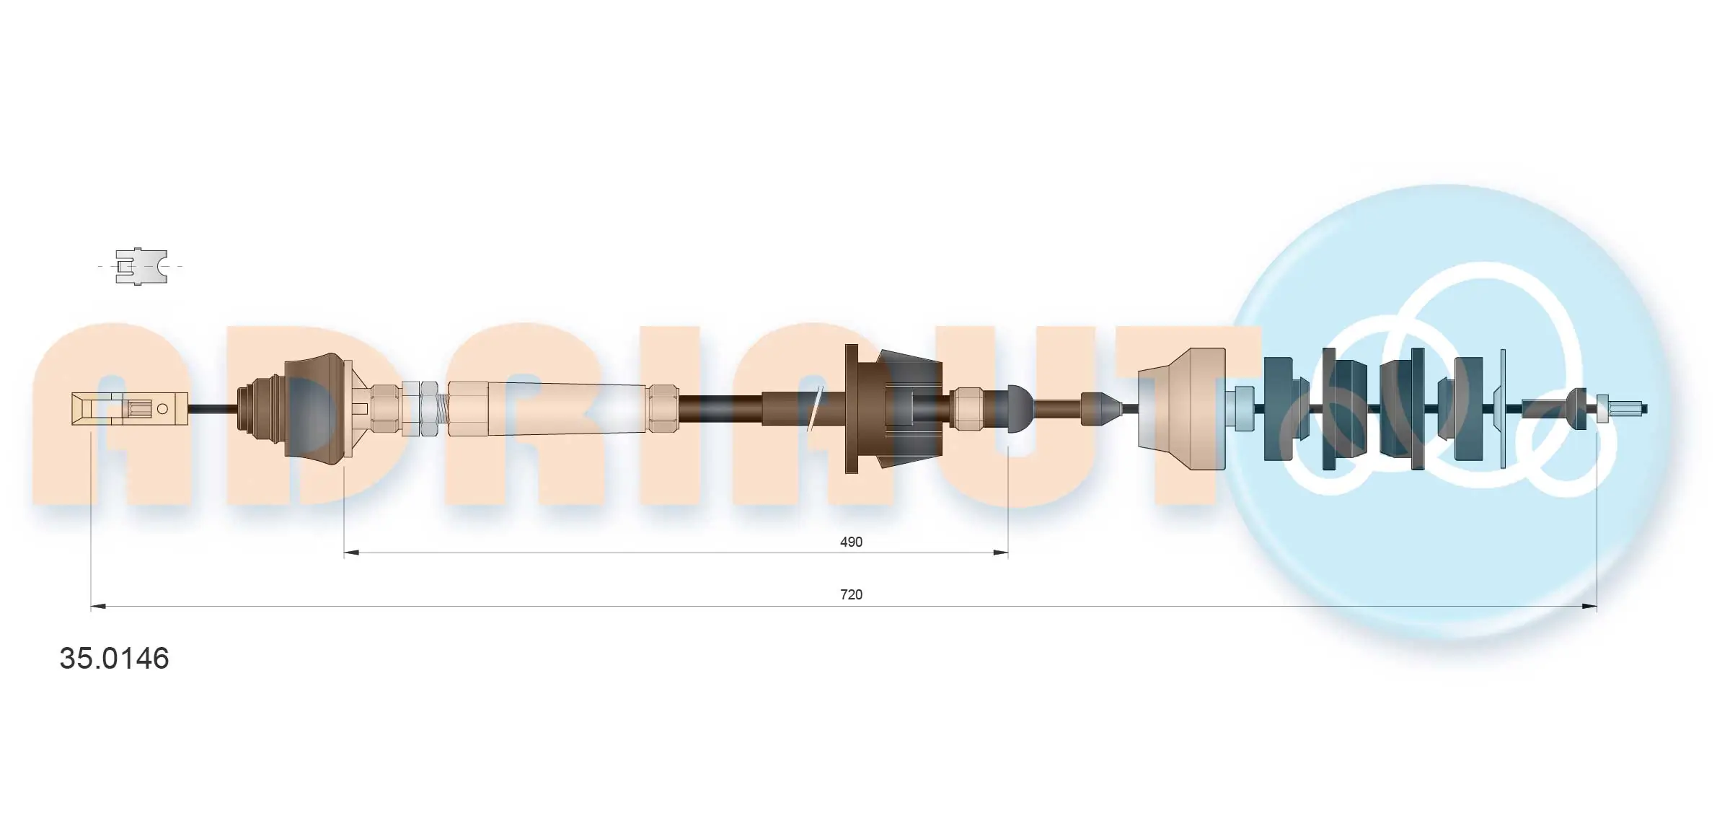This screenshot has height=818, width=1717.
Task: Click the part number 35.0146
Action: (114, 659)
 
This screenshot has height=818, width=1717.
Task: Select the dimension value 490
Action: (851, 542)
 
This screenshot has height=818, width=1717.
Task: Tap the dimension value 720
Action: (851, 594)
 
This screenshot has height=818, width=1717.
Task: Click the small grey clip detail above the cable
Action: (141, 266)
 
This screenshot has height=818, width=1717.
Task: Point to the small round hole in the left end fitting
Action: (162, 409)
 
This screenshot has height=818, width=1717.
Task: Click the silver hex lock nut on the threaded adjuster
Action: (428, 408)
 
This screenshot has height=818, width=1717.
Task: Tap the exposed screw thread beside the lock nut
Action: (441, 409)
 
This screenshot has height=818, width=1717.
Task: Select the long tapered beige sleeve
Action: (566, 408)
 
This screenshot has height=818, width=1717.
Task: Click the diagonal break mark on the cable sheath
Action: (815, 408)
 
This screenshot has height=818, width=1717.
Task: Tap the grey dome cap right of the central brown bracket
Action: (1019, 408)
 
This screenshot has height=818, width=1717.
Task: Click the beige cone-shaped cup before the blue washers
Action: (1183, 408)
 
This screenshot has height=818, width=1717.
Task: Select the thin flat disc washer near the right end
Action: (1503, 408)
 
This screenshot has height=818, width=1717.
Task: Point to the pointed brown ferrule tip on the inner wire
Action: (1101, 409)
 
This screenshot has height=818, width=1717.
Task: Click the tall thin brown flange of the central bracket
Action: (851, 408)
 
